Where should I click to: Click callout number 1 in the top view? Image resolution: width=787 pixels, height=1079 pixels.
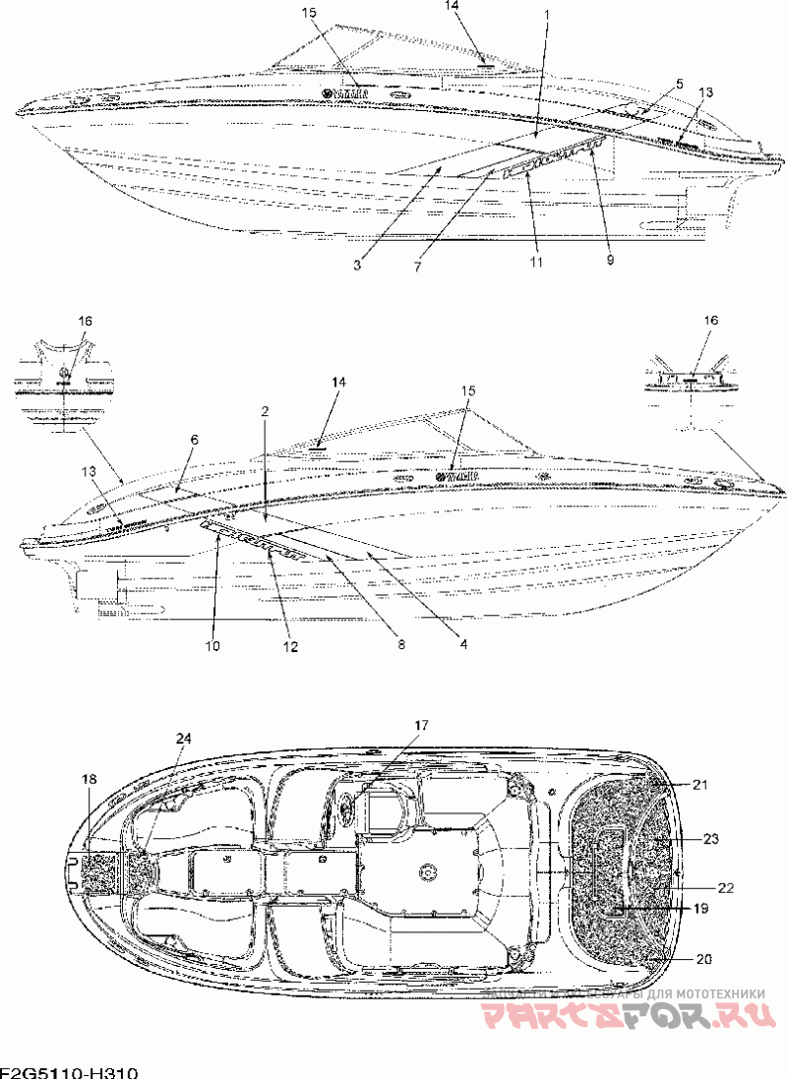coord(546,18)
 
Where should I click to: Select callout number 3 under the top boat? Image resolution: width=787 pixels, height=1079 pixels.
coord(357,264)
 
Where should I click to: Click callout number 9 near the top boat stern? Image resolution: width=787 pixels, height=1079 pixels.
coord(609,260)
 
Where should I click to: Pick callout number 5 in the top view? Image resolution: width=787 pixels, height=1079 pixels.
coord(678,84)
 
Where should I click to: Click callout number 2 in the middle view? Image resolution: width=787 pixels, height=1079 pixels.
coord(265,410)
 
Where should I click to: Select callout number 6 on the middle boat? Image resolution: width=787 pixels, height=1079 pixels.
coord(194,439)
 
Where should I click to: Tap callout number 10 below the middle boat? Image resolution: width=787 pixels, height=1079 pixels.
coord(212,645)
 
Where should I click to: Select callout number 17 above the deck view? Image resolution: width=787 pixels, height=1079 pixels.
coord(421,725)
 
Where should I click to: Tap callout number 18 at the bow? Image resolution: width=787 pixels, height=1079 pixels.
coord(90,779)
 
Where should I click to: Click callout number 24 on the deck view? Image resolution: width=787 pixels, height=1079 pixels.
coord(185,738)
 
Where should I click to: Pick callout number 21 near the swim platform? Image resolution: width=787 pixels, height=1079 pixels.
coord(699,784)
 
